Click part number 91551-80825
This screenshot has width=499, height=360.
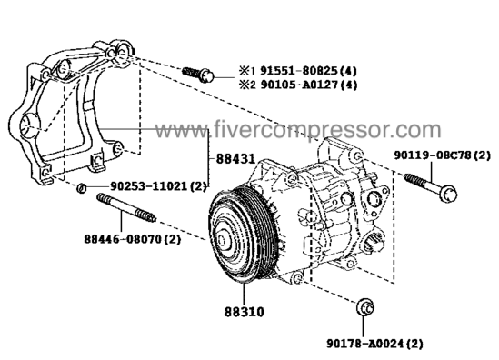[x=299, y=71]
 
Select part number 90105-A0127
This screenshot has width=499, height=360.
[x=299, y=85]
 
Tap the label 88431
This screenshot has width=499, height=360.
[x=235, y=158]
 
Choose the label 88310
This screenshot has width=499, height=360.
[x=245, y=312]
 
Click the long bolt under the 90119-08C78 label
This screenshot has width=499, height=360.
[x=431, y=187]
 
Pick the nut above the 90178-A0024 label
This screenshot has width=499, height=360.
[x=365, y=307]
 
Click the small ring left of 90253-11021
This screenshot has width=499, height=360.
[x=82, y=188]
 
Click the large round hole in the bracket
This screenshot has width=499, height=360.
[x=29, y=126]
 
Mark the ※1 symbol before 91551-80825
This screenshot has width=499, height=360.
[x=247, y=71]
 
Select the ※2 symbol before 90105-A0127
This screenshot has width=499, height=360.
[x=247, y=85]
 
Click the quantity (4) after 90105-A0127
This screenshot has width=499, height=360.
[x=348, y=85]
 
